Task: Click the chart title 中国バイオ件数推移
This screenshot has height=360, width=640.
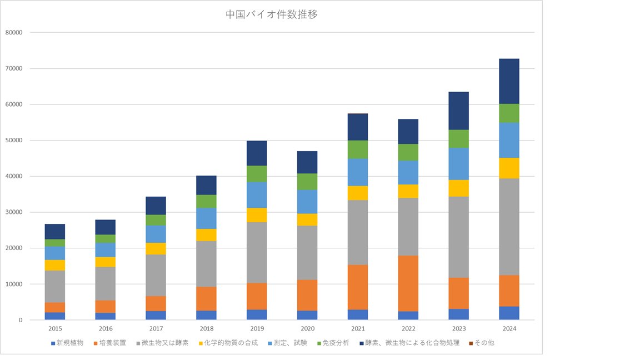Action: pyautogui.click(x=272, y=15)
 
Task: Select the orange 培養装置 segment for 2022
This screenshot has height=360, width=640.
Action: pyautogui.click(x=408, y=283)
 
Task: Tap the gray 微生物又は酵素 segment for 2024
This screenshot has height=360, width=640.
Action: pyautogui.click(x=509, y=227)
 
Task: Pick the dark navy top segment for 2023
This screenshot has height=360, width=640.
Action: pyautogui.click(x=458, y=111)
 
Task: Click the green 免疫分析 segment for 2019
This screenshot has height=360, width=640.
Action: pyautogui.click(x=257, y=174)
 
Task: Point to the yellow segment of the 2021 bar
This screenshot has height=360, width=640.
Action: pyautogui.click(x=357, y=193)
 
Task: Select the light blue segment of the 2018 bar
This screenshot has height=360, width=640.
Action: pyautogui.click(x=206, y=218)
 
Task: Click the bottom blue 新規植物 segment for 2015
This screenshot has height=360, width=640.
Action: pyautogui.click(x=55, y=316)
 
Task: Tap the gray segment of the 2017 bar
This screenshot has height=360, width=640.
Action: pyautogui.click(x=156, y=275)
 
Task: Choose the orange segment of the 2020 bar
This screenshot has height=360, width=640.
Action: pyautogui.click(x=307, y=295)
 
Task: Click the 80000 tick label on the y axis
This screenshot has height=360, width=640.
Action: pyautogui.click(x=13, y=33)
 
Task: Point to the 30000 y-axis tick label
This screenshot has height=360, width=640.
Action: pyautogui.click(x=13, y=212)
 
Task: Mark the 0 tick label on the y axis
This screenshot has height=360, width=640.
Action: pyautogui.click(x=20, y=320)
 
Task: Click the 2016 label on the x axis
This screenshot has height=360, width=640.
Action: pyautogui.click(x=106, y=329)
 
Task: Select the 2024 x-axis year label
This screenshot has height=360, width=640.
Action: pyautogui.click(x=509, y=329)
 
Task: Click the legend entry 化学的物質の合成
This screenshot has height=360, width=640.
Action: pyautogui.click(x=231, y=343)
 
